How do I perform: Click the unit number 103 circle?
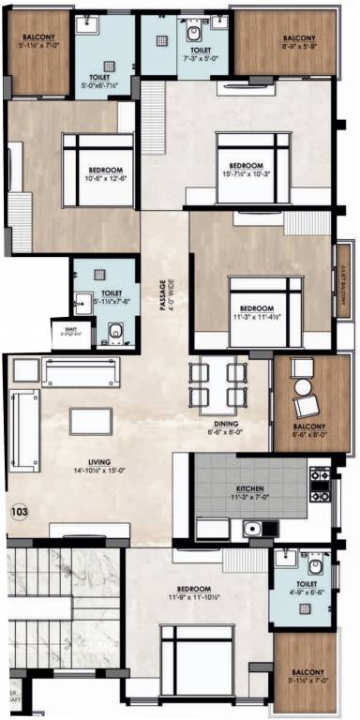tap(18, 513)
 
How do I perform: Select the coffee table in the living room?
tap(90, 421)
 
